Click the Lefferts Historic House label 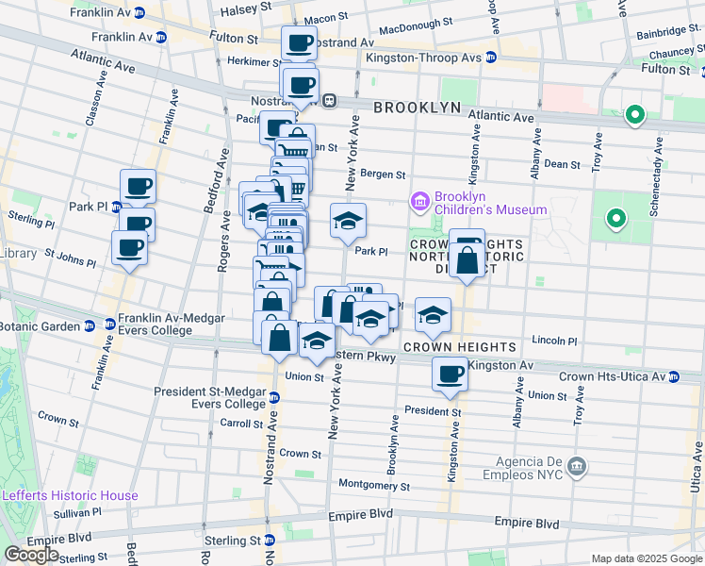(70, 495)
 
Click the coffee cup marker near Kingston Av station (450, 374)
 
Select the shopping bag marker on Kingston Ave (467, 258)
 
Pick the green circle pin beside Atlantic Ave (635, 117)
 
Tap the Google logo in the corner (31, 555)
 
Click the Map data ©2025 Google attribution (647, 558)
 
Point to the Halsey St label (245, 12)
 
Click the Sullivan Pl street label (76, 514)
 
